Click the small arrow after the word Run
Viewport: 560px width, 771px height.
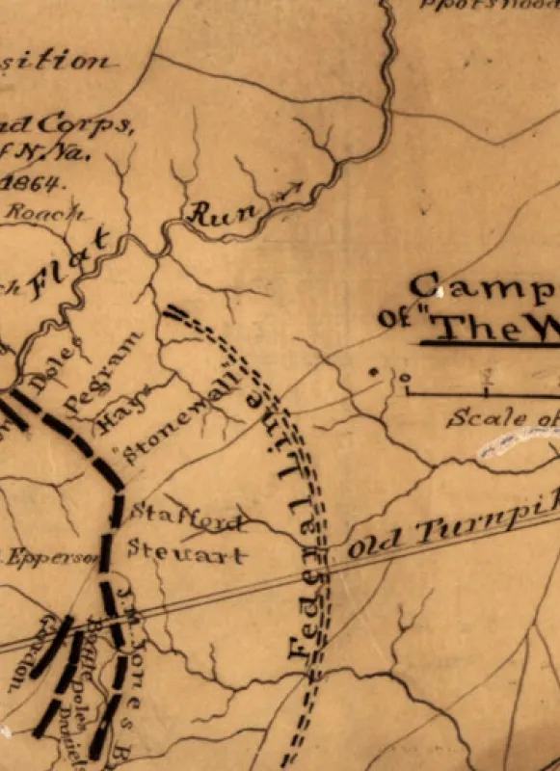click(x=289, y=189)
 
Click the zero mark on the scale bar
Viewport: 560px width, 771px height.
click(x=406, y=379)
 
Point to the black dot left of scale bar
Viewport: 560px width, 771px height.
click(x=373, y=370)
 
